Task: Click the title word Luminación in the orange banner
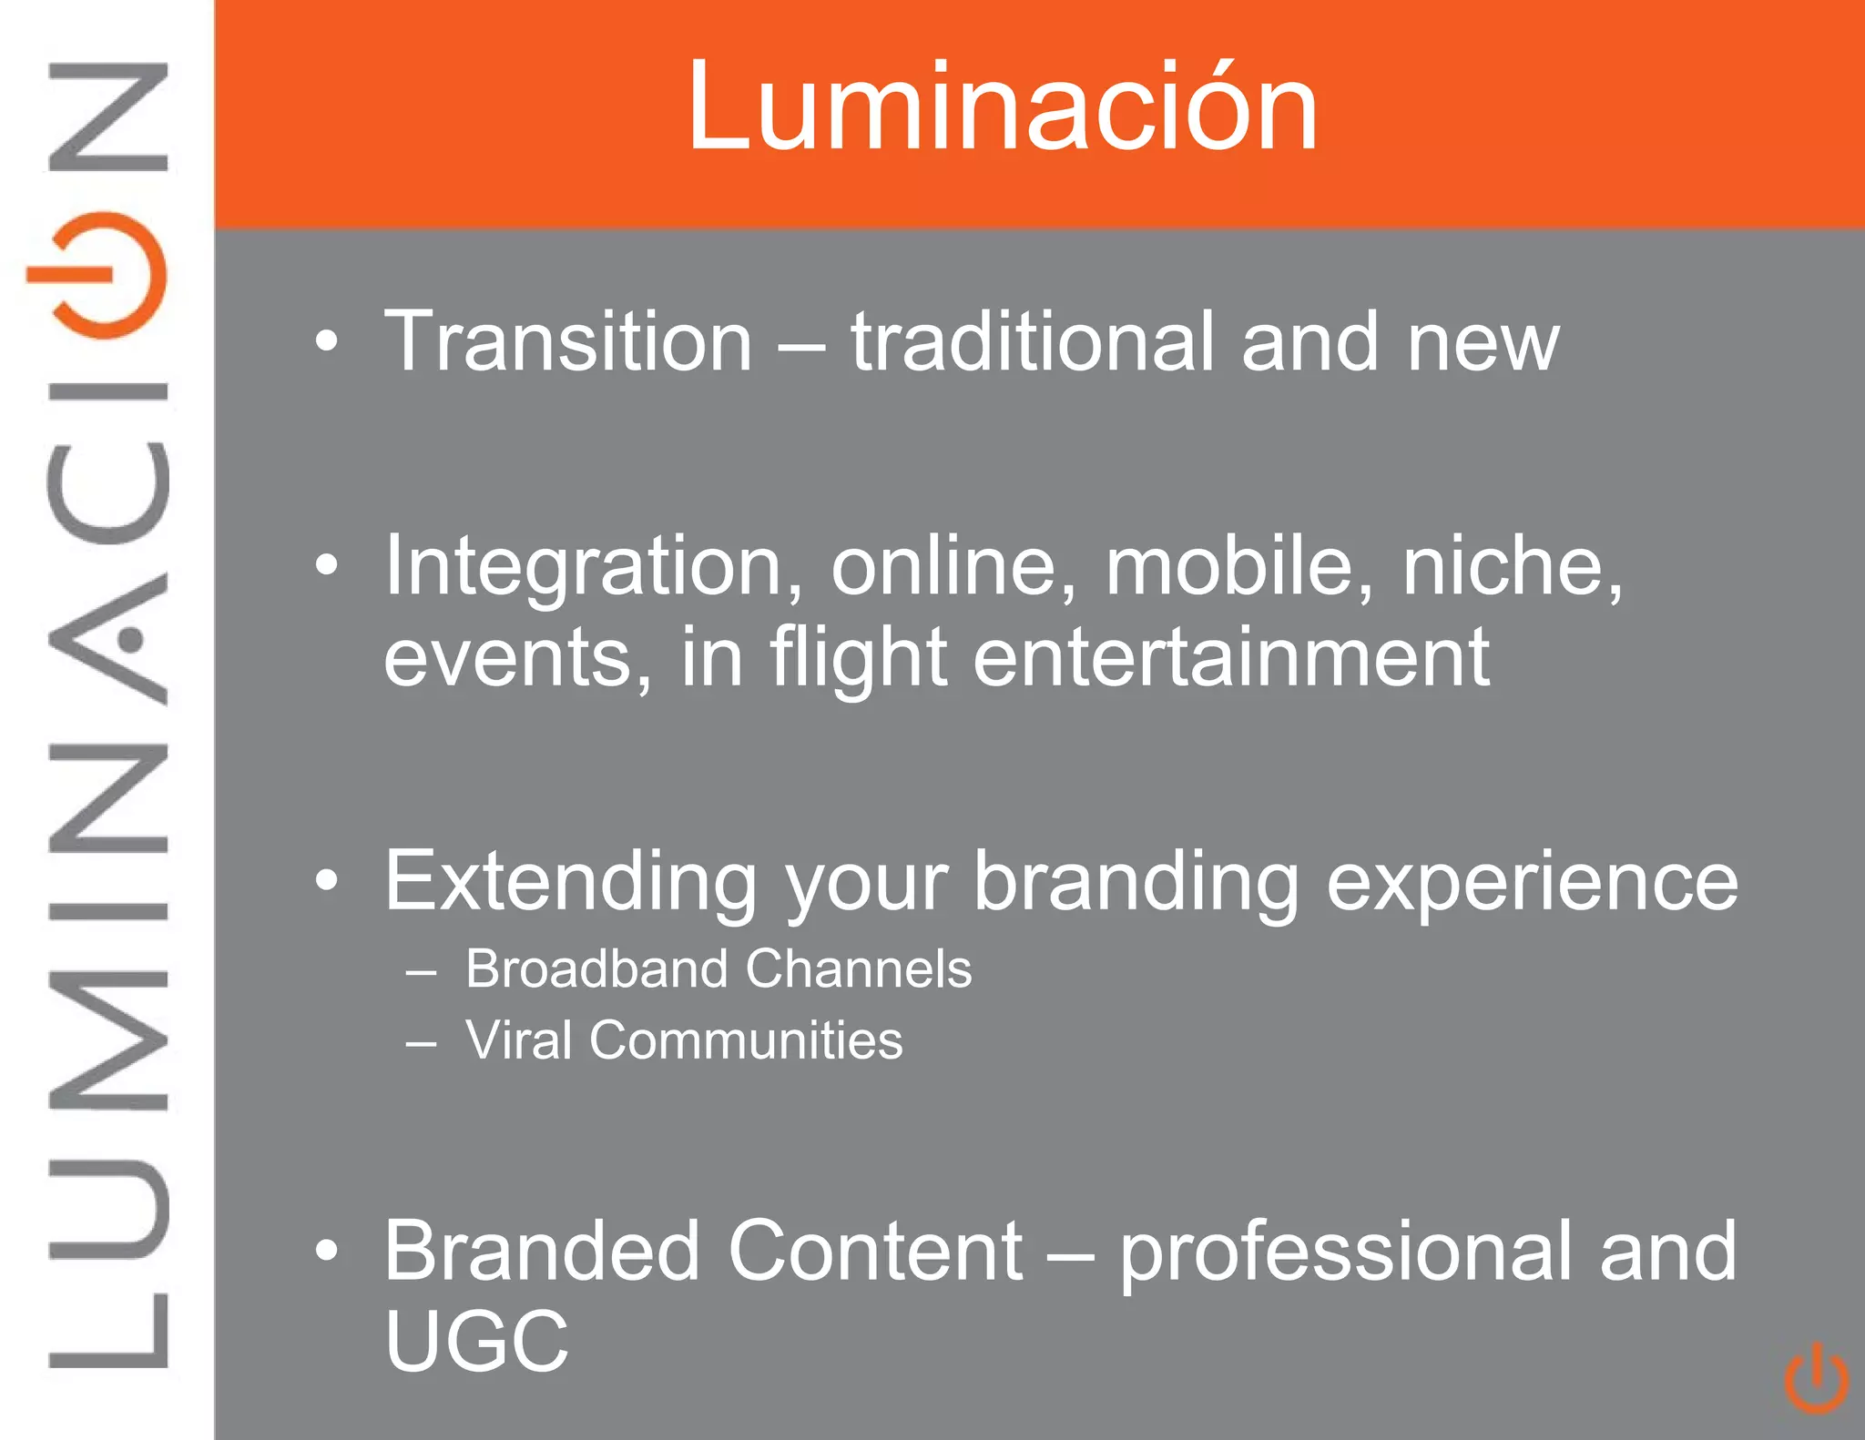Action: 1003,107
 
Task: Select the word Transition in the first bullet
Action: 568,342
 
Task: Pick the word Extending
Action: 570,881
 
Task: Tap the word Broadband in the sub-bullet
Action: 596,968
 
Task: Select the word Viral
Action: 519,1040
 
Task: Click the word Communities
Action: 746,1040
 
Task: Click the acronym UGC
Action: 476,1341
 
